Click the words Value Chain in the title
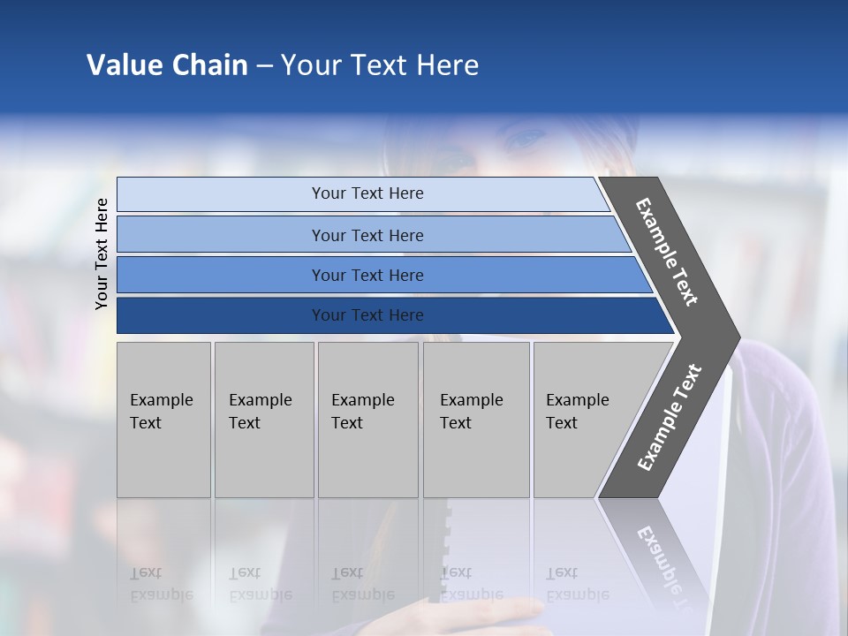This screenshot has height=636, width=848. click(x=167, y=65)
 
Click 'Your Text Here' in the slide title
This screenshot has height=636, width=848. click(x=380, y=65)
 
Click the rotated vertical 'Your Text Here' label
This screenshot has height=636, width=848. click(x=102, y=254)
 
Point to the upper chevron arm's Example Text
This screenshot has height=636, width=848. click(x=667, y=252)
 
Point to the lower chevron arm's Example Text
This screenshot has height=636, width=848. click(x=669, y=418)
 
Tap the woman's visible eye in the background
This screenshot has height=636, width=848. click(x=527, y=140)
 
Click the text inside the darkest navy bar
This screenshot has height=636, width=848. click(x=367, y=315)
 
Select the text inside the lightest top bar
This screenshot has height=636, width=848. click(x=367, y=193)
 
